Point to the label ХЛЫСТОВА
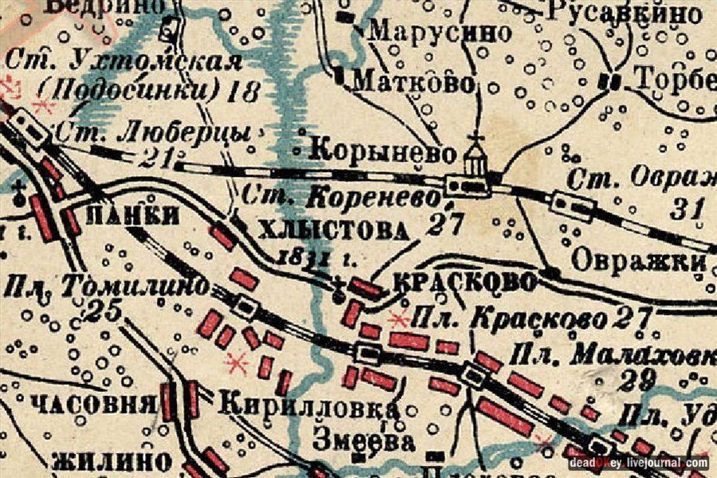point(339,232)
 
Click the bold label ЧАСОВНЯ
point(93,404)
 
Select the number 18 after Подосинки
point(243,89)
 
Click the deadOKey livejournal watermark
point(637,462)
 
